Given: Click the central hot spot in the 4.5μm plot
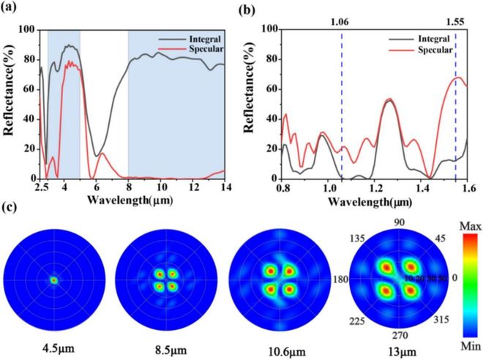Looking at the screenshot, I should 53,280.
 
